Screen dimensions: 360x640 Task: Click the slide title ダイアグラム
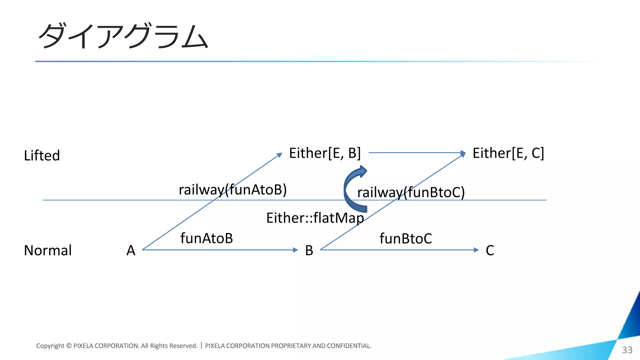pos(123,36)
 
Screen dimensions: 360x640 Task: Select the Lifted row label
pos(42,155)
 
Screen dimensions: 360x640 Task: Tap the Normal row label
pos(48,250)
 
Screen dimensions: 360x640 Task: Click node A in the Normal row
pos(131,250)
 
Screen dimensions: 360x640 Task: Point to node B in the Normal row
pos(309,250)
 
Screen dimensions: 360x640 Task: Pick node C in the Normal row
pos(490,250)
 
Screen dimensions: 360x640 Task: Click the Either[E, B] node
pos(325,153)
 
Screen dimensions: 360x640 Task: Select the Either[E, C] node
pos(508,153)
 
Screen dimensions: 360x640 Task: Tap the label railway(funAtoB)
pos(232,190)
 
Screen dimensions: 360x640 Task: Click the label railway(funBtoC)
pos(411,192)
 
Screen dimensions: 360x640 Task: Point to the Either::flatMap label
pos(315,218)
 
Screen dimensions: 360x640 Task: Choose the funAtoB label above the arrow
pos(207,238)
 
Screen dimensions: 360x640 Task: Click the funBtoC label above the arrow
pos(406,238)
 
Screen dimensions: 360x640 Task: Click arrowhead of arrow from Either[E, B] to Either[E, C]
pos(463,153)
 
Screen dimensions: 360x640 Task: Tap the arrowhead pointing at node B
pos(295,250)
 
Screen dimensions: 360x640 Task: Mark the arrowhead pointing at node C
pos(476,250)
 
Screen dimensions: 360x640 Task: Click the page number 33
pos(627,350)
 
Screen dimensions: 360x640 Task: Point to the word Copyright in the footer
pos(50,346)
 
